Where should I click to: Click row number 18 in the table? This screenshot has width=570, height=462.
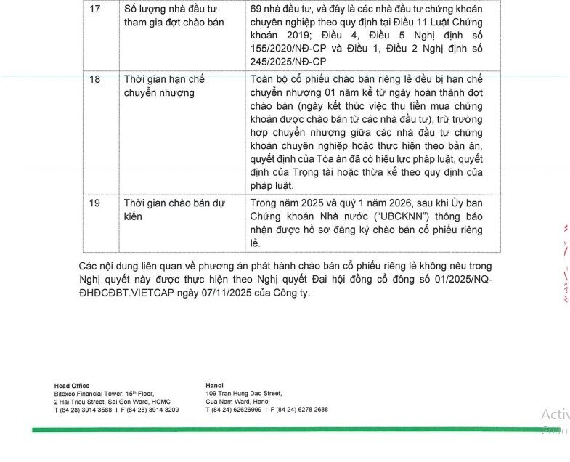click(95, 79)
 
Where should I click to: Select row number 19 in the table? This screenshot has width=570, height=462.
click(95, 203)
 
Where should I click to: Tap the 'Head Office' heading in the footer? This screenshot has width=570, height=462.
click(72, 385)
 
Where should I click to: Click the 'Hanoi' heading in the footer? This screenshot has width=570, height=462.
click(215, 385)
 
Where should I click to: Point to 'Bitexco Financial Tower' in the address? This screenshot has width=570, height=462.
click(89, 393)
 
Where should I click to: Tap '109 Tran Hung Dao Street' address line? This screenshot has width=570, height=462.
click(243, 393)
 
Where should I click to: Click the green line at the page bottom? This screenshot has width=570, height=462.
click(290, 430)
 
